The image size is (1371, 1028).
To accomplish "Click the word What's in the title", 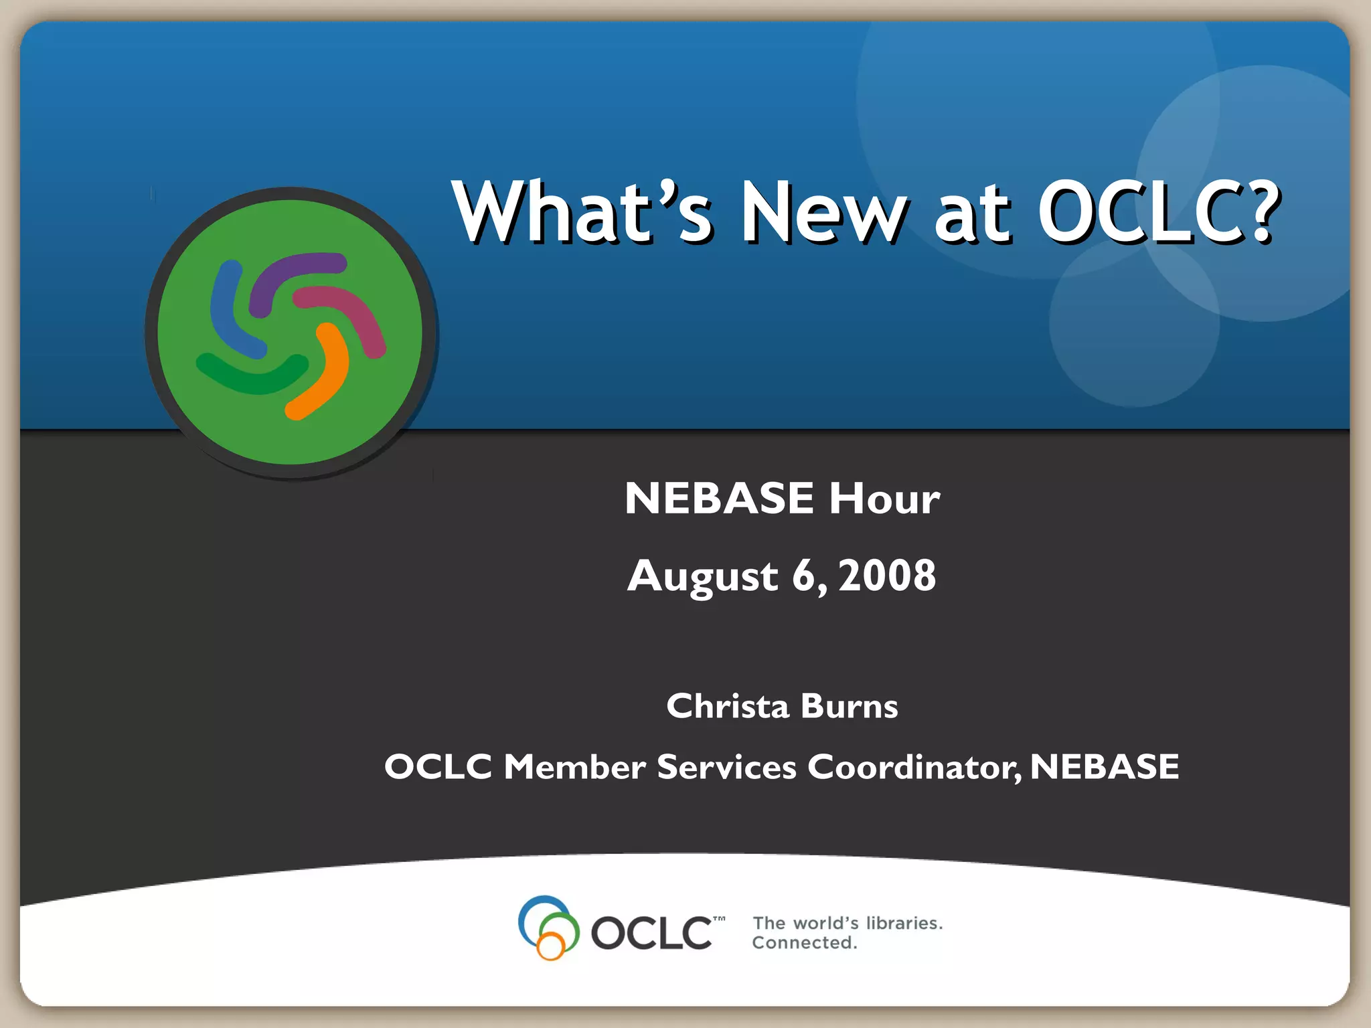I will pos(582,213).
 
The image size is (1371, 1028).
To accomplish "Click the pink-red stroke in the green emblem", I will pos(348,315).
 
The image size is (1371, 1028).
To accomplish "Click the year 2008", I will pos(887,576).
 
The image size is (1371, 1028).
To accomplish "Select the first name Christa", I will pos(728,706).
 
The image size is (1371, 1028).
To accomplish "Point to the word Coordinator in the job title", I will pos(914,767).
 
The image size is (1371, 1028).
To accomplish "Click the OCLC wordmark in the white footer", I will pos(651,932).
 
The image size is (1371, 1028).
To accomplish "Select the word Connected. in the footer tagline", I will pos(804,943).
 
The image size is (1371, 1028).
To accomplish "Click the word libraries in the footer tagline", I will pos(904,923).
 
